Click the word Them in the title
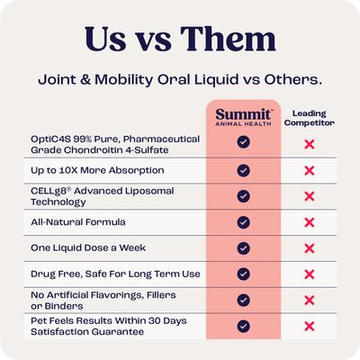point(225,40)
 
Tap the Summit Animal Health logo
point(243,119)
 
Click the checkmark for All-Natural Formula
point(243,221)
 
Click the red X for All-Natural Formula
point(309,221)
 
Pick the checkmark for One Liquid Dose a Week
point(243,247)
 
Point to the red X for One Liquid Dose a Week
point(309,247)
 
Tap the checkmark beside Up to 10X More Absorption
point(243,169)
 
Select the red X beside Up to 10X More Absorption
point(309,169)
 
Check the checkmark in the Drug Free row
point(243,274)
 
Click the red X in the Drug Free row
point(309,274)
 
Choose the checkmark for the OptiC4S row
point(243,142)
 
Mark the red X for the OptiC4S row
point(309,143)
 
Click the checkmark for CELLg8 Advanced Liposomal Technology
point(243,195)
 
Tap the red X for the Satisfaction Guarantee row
point(309,326)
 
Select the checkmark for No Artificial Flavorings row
point(243,300)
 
